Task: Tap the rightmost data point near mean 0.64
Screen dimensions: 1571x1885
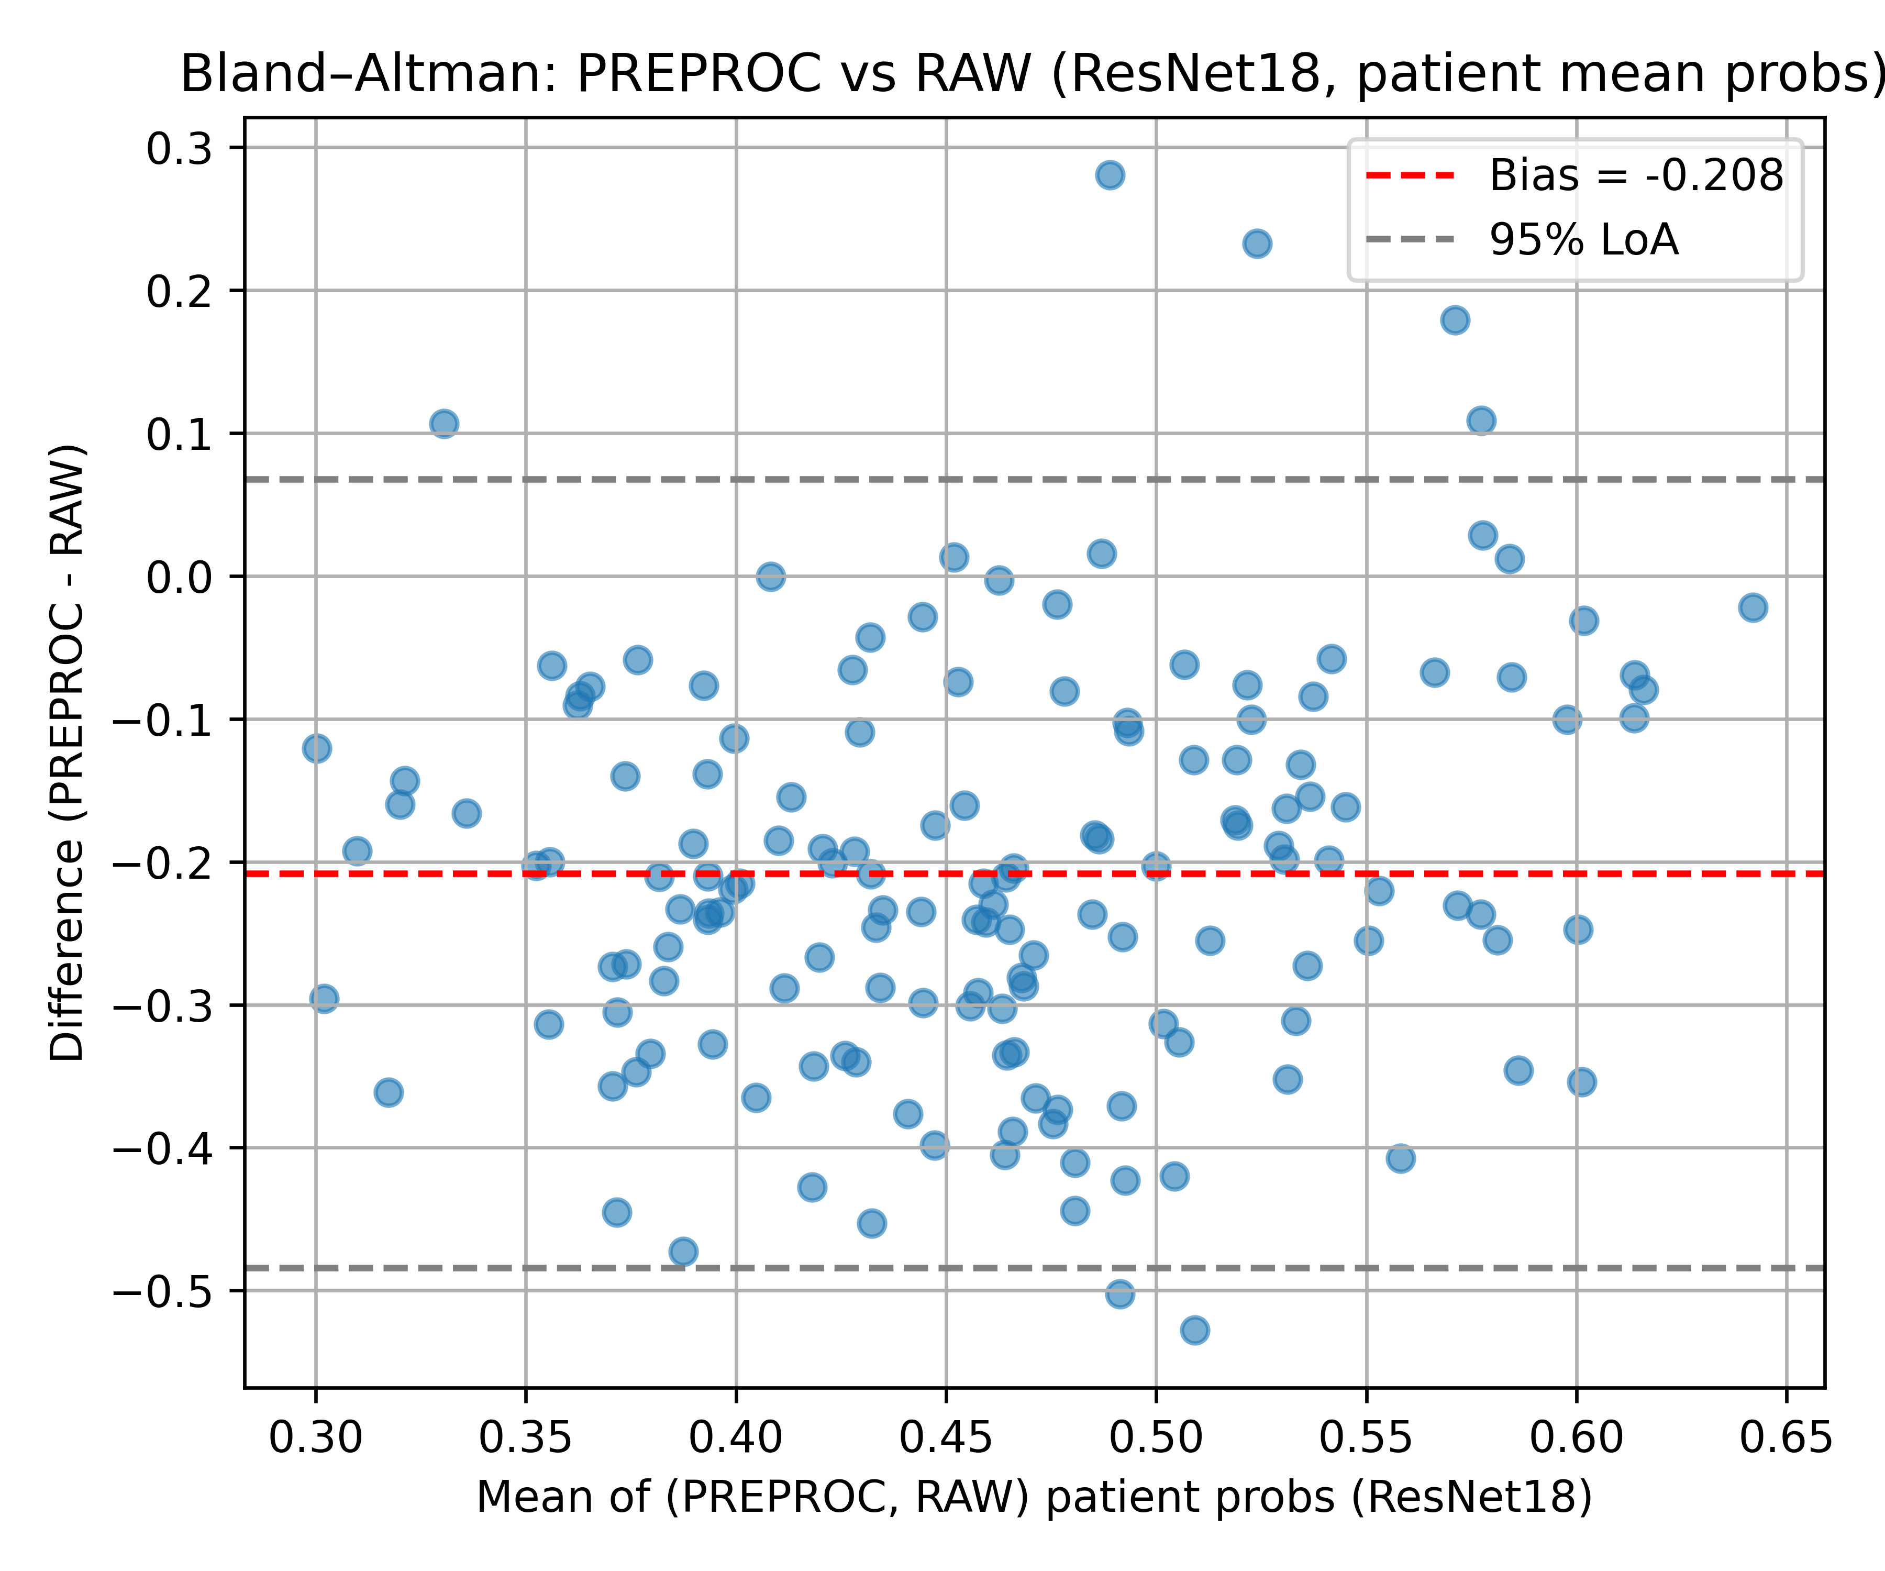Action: coord(1752,608)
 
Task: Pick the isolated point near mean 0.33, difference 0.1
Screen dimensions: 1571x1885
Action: coord(443,424)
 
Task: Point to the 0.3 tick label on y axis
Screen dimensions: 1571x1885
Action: coord(180,148)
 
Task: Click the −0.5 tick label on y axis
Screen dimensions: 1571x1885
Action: coord(162,1291)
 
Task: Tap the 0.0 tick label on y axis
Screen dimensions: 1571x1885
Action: coord(180,577)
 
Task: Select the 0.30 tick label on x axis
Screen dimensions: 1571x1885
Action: coord(315,1438)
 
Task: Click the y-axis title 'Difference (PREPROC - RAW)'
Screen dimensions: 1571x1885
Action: coord(68,753)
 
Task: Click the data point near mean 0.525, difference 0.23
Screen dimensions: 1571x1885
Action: coord(1257,244)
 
